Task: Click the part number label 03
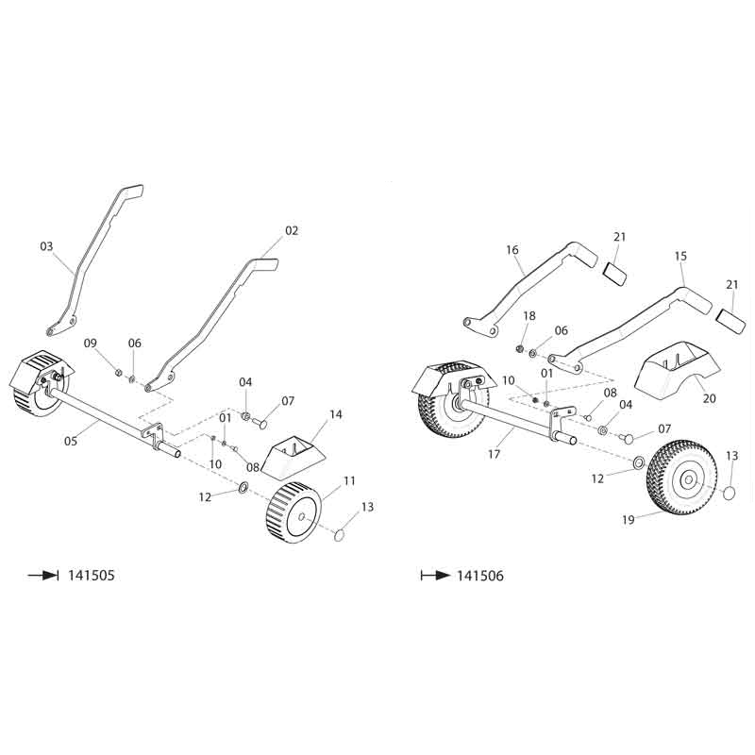point(46,246)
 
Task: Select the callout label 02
point(291,230)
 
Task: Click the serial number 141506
point(480,575)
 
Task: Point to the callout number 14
point(336,414)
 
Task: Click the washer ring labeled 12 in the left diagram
point(243,488)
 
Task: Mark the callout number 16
point(512,250)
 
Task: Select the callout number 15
point(680,256)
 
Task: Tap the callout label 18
point(528,316)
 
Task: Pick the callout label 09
point(91,342)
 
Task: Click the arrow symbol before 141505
point(43,575)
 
